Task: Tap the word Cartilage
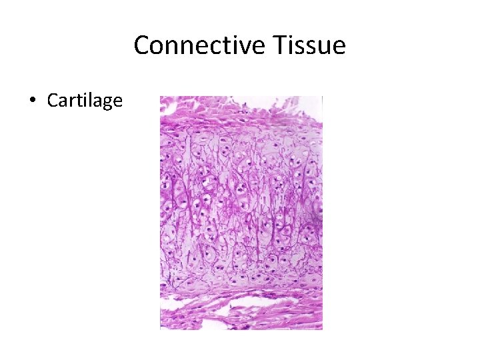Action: (x=85, y=101)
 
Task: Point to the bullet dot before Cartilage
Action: (x=31, y=101)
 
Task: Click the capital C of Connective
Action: (x=141, y=46)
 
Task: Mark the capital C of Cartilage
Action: (x=52, y=101)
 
